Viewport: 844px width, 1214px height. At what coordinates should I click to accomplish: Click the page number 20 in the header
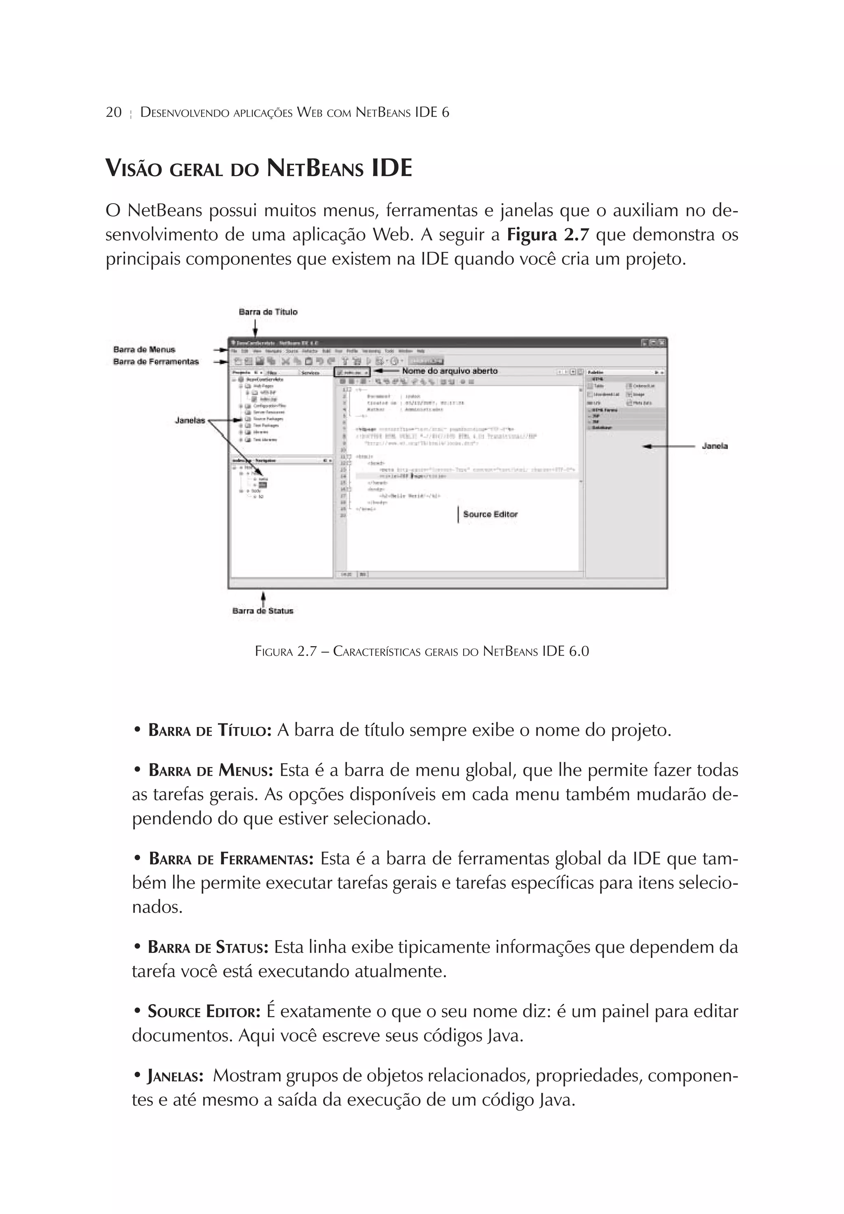click(x=114, y=112)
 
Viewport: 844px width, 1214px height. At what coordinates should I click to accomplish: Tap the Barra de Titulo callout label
click(x=268, y=312)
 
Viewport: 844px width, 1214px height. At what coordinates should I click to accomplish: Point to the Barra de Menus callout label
click(x=144, y=350)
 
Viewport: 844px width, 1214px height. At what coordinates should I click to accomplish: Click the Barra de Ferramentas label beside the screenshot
click(x=156, y=362)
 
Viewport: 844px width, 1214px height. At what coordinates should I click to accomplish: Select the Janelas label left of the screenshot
click(x=190, y=420)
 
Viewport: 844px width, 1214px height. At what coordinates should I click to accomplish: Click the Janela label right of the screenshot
click(x=715, y=446)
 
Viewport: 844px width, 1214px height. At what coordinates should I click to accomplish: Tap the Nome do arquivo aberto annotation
click(x=450, y=371)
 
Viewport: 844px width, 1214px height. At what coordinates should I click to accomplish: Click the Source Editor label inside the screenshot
click(x=490, y=514)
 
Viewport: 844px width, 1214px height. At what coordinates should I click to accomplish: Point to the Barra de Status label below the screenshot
click(x=263, y=611)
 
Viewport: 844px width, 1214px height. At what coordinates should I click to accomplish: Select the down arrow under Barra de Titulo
click(x=255, y=328)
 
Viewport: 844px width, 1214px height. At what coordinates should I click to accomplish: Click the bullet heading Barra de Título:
click(x=210, y=731)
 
